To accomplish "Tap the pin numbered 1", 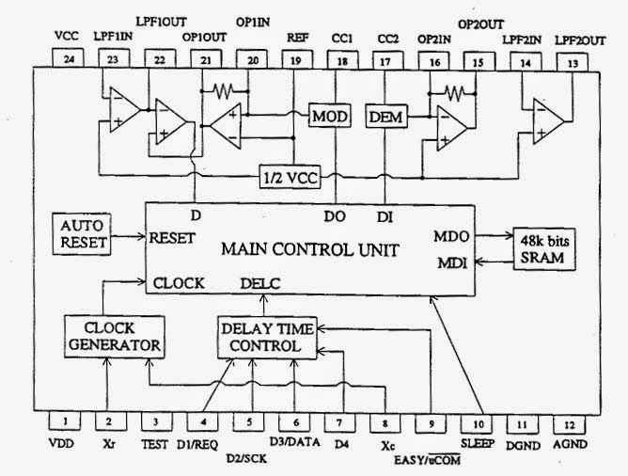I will pos(64,422).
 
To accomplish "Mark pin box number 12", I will pos(567,422).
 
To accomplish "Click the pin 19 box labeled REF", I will pos(296,58).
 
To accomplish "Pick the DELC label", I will pos(259,282).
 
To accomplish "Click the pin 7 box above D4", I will pos(338,422).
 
